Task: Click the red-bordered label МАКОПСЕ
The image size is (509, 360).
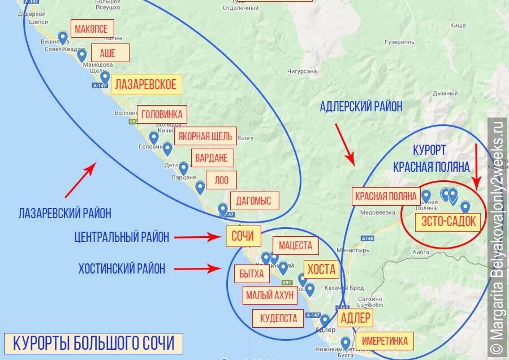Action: [x=92, y=29]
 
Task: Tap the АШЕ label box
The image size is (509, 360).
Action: [x=107, y=53]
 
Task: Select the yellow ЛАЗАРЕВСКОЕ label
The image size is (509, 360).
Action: [x=146, y=85]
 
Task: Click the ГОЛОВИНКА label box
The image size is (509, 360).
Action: [x=162, y=114]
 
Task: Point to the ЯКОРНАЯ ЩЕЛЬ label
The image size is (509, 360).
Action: [x=205, y=136]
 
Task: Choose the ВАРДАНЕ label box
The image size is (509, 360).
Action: [x=213, y=158]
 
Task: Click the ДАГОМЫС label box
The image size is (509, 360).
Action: [x=254, y=201]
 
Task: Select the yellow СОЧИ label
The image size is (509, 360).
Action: [x=243, y=236]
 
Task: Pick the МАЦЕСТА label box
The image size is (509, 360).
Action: [x=295, y=246]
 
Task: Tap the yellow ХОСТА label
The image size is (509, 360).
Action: [x=321, y=269]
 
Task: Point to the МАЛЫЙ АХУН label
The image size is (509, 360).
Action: [x=270, y=295]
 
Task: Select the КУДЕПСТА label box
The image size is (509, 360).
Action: [x=278, y=318]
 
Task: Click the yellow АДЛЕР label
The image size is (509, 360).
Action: [x=355, y=317]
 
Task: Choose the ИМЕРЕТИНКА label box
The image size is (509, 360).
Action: [x=385, y=341]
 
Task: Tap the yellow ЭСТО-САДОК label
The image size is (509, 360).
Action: [x=448, y=222]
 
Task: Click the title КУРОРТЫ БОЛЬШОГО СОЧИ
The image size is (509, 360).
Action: [x=93, y=343]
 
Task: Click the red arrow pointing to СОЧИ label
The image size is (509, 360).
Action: [x=195, y=237]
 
